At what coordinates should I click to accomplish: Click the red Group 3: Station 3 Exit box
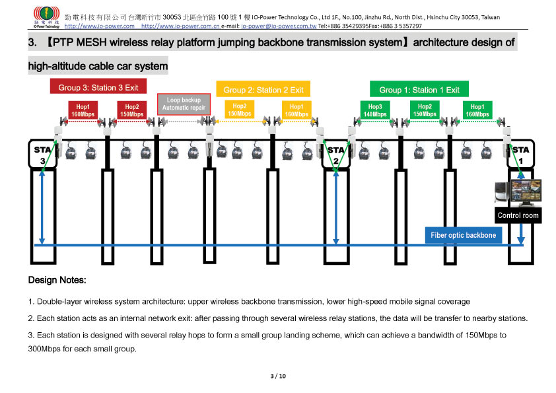(x=98, y=87)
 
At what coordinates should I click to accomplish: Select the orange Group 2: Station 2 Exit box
(x=263, y=90)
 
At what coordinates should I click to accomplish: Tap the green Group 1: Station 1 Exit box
(x=419, y=90)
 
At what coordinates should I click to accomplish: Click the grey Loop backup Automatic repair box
(x=184, y=104)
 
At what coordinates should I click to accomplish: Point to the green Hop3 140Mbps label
(x=375, y=110)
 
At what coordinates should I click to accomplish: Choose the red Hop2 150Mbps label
(x=132, y=110)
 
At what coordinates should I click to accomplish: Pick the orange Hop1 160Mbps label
(x=296, y=110)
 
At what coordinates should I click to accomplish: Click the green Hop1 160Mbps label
(x=476, y=110)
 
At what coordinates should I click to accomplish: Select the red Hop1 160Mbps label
(x=83, y=110)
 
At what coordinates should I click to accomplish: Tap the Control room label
(x=518, y=215)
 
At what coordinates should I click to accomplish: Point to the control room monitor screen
(x=525, y=192)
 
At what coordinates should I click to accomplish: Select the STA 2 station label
(x=335, y=155)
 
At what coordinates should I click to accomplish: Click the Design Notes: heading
(x=57, y=280)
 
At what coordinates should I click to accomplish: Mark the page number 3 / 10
(x=278, y=376)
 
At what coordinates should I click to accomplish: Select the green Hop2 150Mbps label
(x=425, y=110)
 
